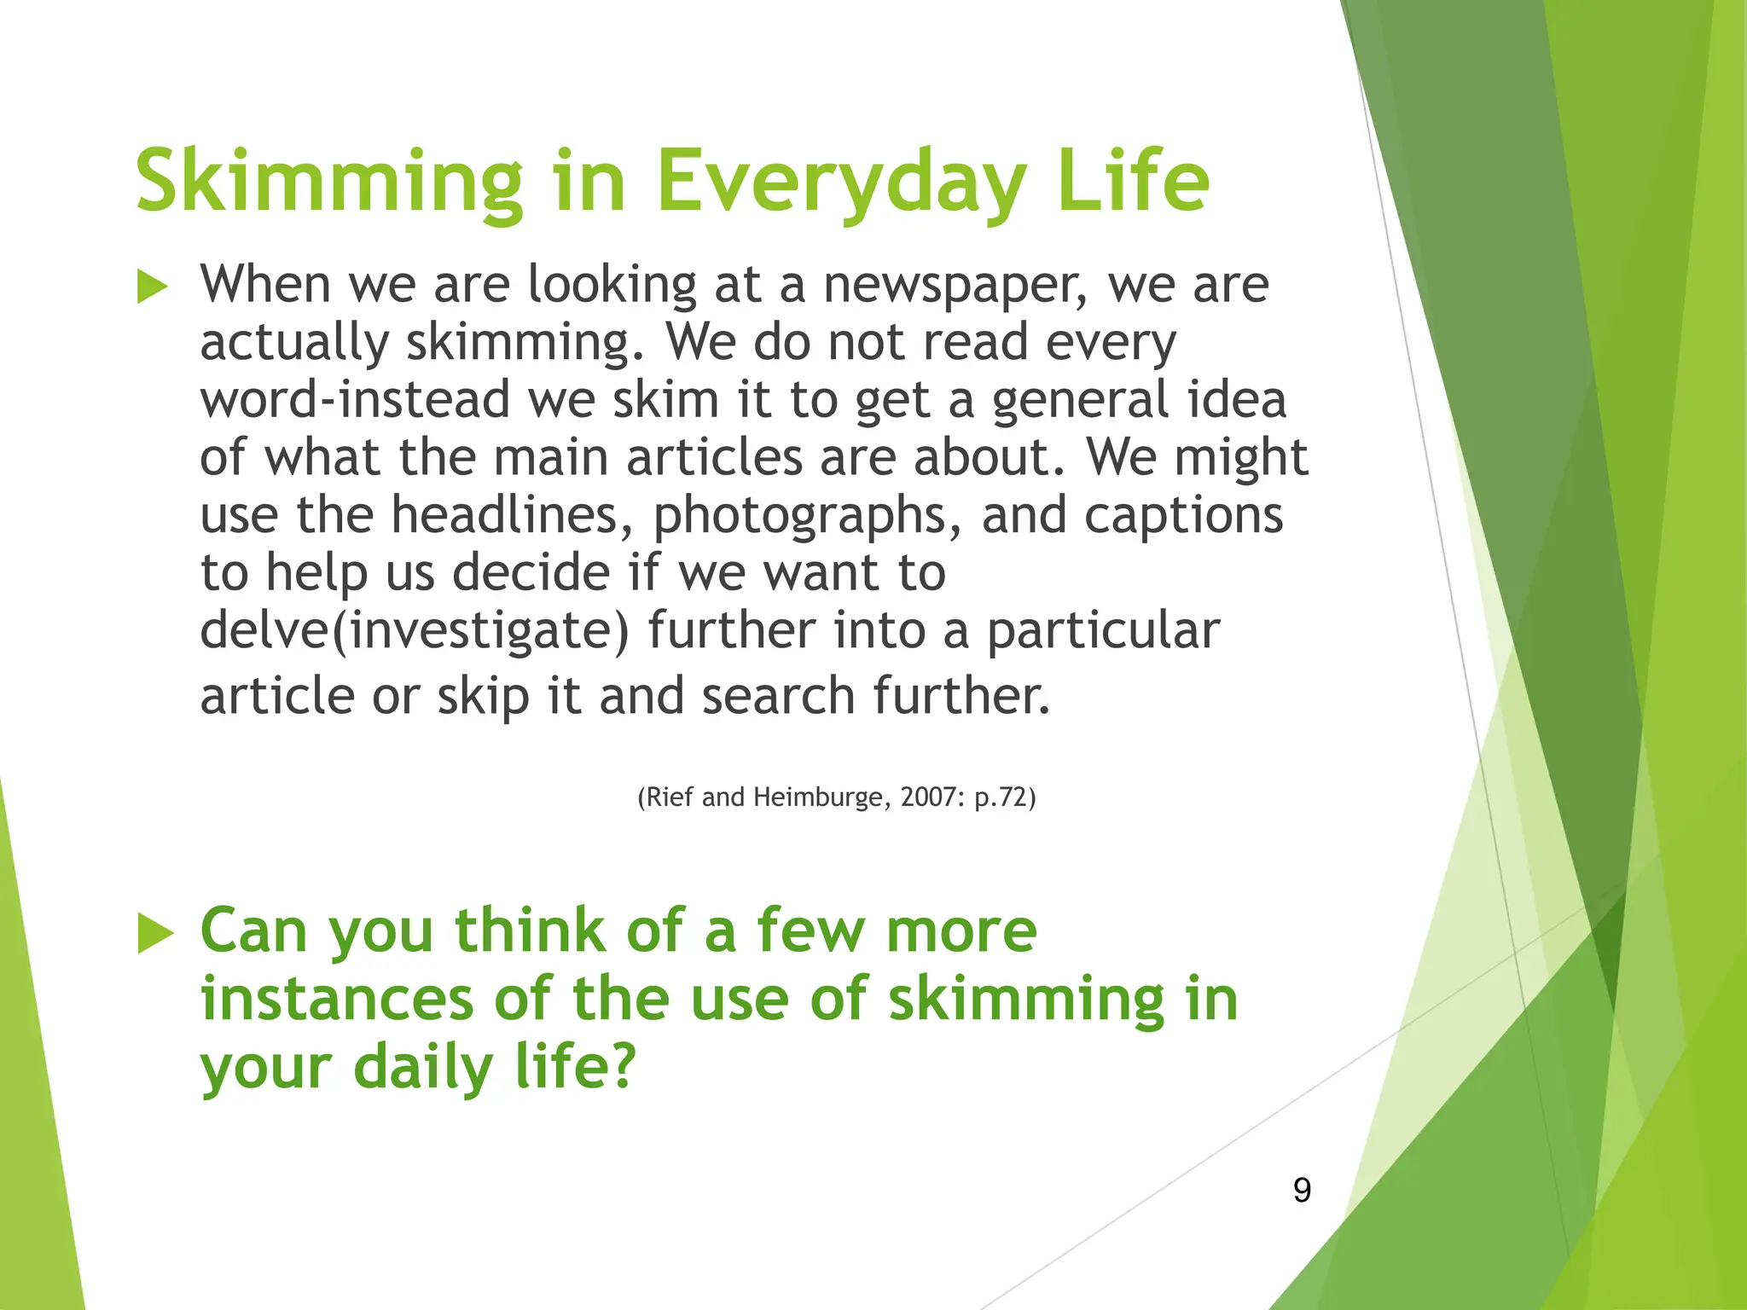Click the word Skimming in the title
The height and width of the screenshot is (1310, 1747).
[328, 181]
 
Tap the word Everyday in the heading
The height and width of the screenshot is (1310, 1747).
[840, 181]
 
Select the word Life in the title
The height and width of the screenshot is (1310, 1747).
[1132, 181]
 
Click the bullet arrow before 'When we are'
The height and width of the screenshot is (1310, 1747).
[152, 287]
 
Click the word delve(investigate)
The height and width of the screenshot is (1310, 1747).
[414, 631]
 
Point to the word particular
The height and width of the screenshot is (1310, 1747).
[1103, 631]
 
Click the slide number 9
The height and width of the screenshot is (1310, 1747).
[1302, 1190]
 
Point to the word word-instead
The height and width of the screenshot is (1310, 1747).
[355, 400]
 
